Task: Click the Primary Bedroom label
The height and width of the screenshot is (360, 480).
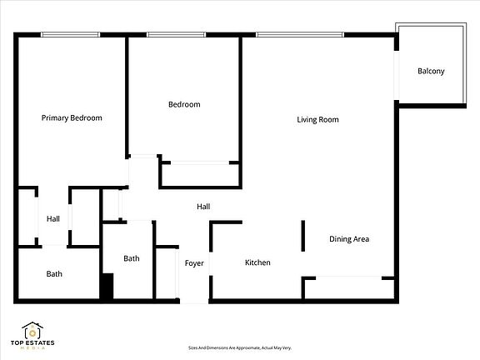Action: click(72, 118)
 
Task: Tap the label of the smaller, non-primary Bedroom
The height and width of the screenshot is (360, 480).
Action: click(184, 104)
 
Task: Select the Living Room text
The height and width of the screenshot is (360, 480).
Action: click(317, 120)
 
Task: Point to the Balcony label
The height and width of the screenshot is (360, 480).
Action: click(431, 71)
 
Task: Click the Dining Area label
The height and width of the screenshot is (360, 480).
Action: click(349, 239)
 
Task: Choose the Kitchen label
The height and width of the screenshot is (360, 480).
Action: click(257, 262)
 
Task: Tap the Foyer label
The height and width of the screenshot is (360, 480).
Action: click(194, 263)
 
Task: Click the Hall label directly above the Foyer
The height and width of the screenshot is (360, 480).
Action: click(203, 207)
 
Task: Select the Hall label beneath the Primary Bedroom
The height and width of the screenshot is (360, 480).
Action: click(53, 219)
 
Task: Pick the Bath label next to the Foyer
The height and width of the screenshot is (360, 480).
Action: click(132, 258)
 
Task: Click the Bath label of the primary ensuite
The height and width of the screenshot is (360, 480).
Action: click(54, 273)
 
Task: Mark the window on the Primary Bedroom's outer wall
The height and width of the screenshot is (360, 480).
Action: click(71, 34)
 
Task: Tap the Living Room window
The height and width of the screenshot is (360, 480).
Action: click(299, 34)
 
